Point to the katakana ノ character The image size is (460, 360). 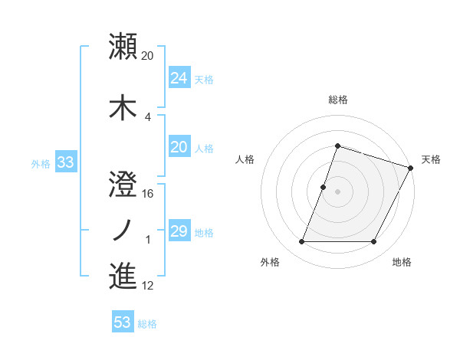point(122,227)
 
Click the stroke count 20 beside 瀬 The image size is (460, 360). point(148,55)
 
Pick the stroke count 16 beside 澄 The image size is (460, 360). point(148,193)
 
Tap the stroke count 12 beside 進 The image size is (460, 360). point(148,286)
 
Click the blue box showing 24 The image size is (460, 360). point(179,78)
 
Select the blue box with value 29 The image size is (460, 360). point(179,231)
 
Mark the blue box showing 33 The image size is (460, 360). point(65,162)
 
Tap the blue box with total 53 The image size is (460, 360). point(122,322)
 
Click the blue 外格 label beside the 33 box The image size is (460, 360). point(41,164)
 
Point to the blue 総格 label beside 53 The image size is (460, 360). point(147,324)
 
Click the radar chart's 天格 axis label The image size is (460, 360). point(431,159)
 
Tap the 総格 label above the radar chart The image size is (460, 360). point(338,100)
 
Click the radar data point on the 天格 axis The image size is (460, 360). point(411,168)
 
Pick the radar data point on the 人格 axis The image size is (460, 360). point(324,187)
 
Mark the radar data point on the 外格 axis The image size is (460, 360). point(301,242)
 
